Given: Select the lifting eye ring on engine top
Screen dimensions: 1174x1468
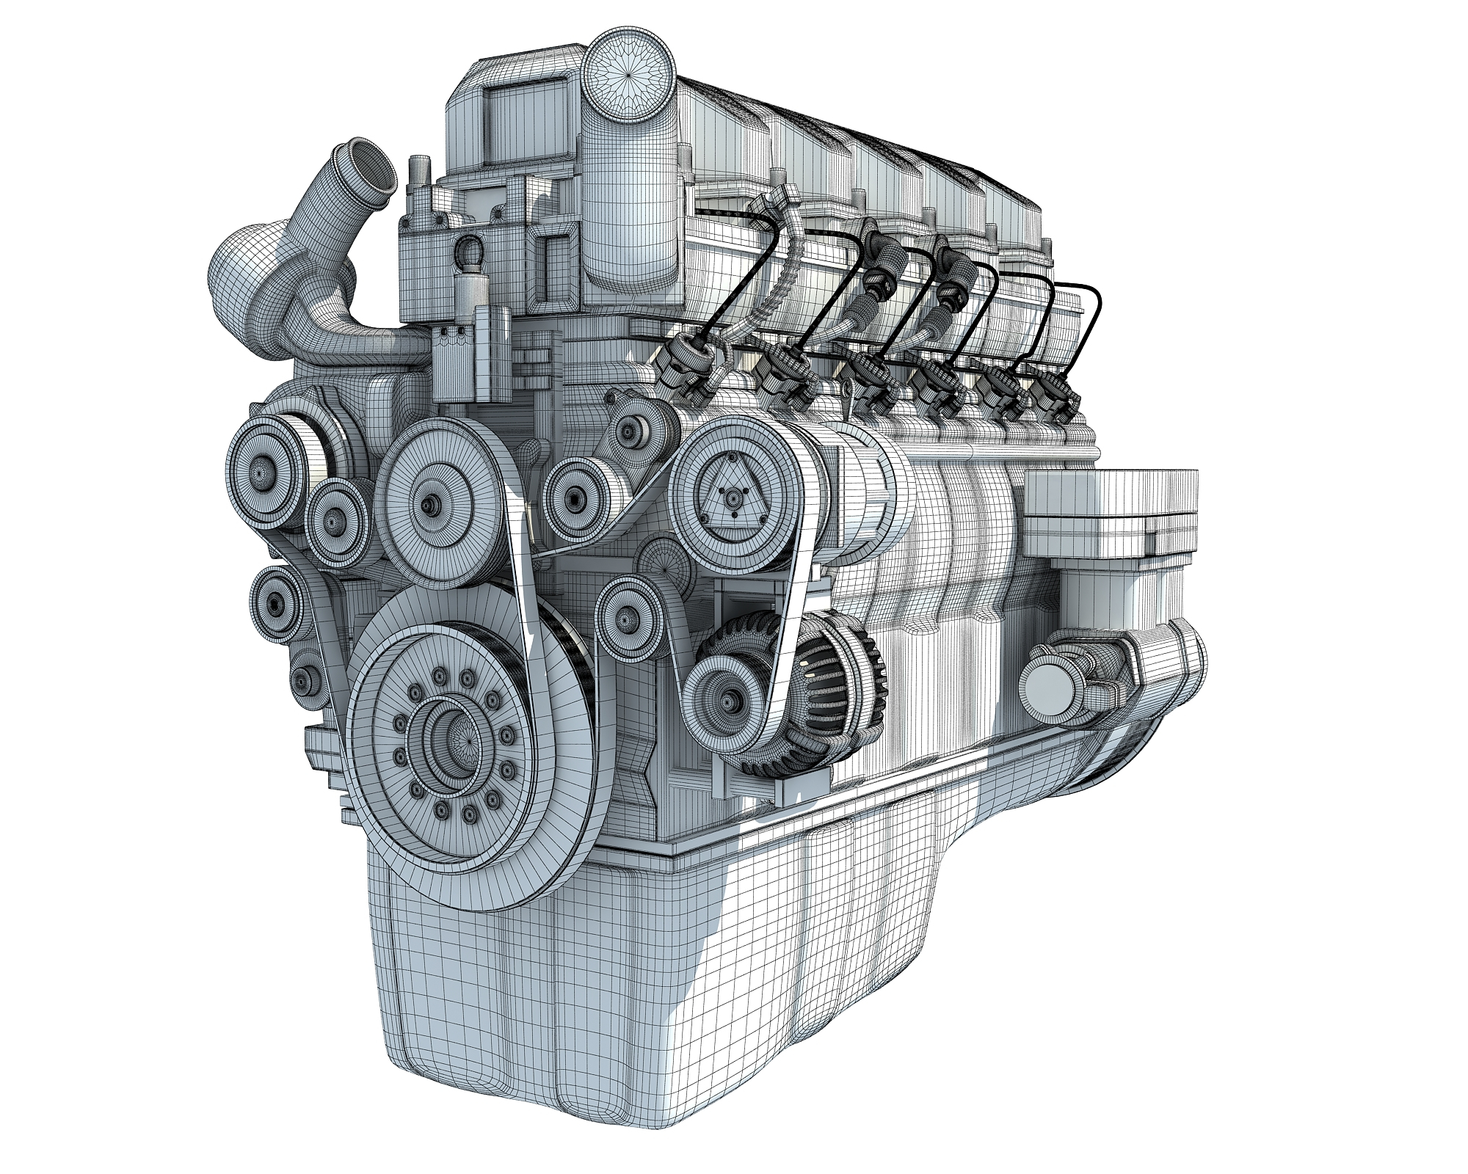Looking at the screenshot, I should [470, 253].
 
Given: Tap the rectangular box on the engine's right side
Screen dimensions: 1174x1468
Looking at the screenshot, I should [1108, 514].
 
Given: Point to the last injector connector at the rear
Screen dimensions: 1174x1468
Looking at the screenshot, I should [1057, 396].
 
